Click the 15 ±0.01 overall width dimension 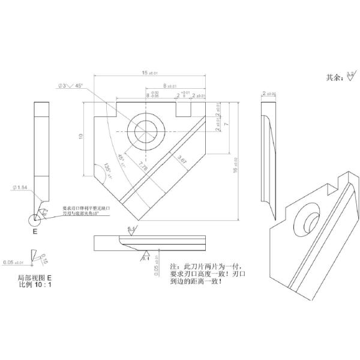[149, 73]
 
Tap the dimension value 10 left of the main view [79, 137]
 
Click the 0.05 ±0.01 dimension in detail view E [14, 263]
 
